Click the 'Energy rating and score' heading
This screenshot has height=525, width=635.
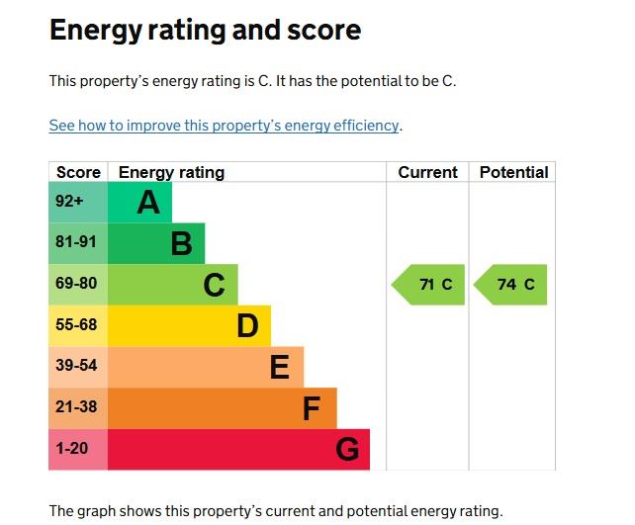pyautogui.click(x=205, y=31)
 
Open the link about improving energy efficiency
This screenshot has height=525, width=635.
pyautogui.click(x=225, y=126)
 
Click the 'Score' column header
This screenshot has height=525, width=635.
pyautogui.click(x=78, y=172)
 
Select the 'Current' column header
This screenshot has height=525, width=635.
pyautogui.click(x=427, y=172)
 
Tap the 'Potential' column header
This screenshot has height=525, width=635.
pyautogui.click(x=513, y=172)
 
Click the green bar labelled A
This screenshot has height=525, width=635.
pyautogui.click(x=139, y=202)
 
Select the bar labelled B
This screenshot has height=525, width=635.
pyautogui.click(x=155, y=243)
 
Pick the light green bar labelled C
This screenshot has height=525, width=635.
pyautogui.click(x=172, y=285)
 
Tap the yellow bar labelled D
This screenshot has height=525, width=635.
pyautogui.click(x=188, y=325)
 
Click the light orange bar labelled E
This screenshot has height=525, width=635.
pyautogui.click(x=205, y=367)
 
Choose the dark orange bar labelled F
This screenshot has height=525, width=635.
pyautogui.click(x=222, y=408)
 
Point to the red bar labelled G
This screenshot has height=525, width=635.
pyautogui.click(x=237, y=450)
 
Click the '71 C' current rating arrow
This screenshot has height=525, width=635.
pyautogui.click(x=430, y=285)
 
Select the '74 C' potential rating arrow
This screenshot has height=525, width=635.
pyautogui.click(x=511, y=285)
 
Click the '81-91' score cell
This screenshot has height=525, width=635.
pyautogui.click(x=77, y=243)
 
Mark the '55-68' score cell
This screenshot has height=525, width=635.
pyautogui.click(x=77, y=325)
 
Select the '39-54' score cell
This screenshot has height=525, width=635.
pyautogui.click(x=77, y=367)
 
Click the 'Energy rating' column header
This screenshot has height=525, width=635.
pyautogui.click(x=171, y=172)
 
